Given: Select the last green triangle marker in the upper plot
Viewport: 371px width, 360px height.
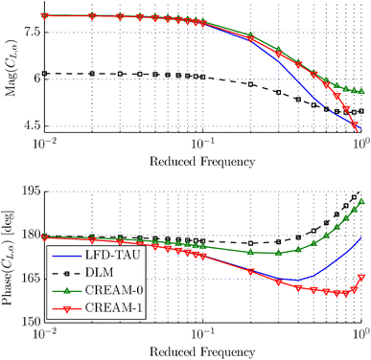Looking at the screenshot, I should point(360,91).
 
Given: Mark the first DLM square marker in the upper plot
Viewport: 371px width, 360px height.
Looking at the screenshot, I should point(44,73).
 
